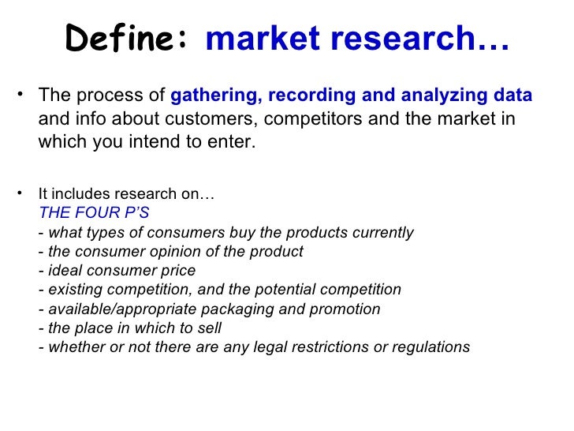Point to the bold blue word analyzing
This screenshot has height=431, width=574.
click(442, 96)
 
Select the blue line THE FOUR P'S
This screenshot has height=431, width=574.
click(94, 213)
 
